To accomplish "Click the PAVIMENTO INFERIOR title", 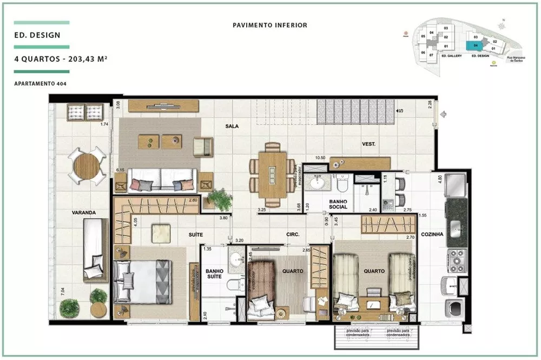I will coord(270,25).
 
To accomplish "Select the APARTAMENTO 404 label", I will coord(41,83).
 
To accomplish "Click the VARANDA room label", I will coord(83,212).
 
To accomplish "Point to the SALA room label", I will coord(232,126).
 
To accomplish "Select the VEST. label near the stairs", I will coord(369,144).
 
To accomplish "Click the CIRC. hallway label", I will coord(293,234).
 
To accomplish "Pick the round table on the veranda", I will coord(87,166).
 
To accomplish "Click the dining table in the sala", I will coord(273,175).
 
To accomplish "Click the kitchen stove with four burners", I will coord(456,260).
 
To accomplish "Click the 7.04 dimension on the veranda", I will coord(63,292).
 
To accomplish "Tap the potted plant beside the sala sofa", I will coord(220,200).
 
